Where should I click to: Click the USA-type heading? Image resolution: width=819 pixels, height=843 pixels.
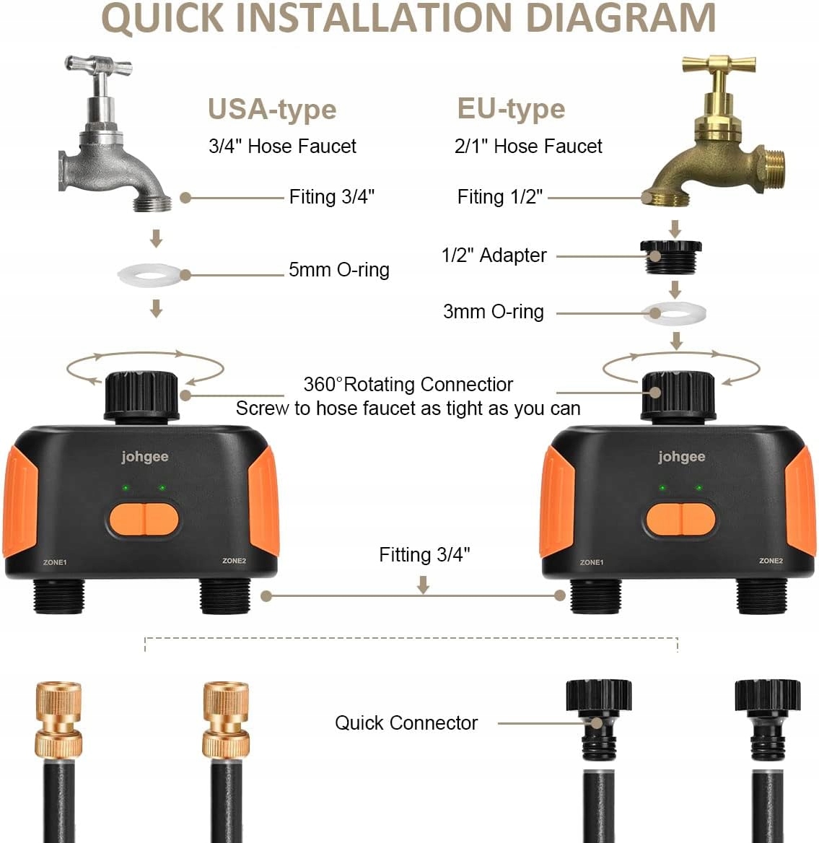pyautogui.click(x=272, y=110)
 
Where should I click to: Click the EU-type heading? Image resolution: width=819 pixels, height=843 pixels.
pyautogui.click(x=511, y=109)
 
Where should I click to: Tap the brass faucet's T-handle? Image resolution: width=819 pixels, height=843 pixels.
pyautogui.click(x=719, y=66)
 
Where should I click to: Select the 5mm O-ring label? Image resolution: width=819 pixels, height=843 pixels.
pyautogui.click(x=338, y=270)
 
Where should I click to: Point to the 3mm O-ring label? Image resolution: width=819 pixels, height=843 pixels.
pyautogui.click(x=493, y=312)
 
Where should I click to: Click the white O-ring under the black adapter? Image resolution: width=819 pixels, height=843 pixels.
pyautogui.click(x=674, y=313)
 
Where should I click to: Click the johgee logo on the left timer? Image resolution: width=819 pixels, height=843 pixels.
pyautogui.click(x=144, y=457)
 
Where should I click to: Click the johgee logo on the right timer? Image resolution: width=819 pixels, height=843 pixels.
pyautogui.click(x=681, y=457)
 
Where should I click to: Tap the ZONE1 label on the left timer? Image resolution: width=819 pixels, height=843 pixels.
pyautogui.click(x=55, y=562)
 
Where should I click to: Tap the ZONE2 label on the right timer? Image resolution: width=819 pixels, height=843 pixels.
pyautogui.click(x=770, y=561)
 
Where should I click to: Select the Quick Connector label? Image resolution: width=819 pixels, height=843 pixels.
pyautogui.click(x=406, y=723)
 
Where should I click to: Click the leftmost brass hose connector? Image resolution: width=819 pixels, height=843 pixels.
pyautogui.click(x=58, y=718)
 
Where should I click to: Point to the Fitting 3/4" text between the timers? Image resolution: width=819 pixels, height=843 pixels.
pyautogui.click(x=424, y=555)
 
